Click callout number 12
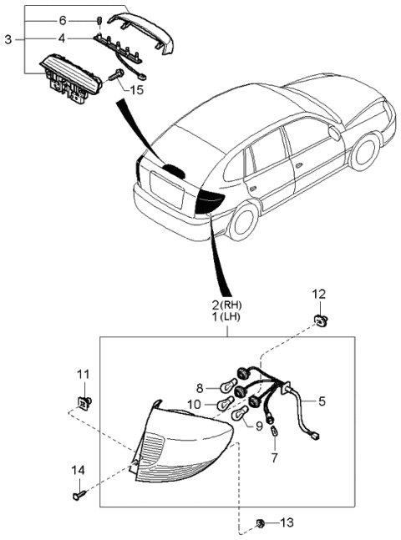(x=319, y=294)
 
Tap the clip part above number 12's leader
(x=319, y=317)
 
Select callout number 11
(x=83, y=373)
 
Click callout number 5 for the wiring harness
(x=322, y=401)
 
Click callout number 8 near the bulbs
(x=199, y=387)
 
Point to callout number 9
(x=259, y=426)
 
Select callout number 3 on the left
(x=8, y=39)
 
